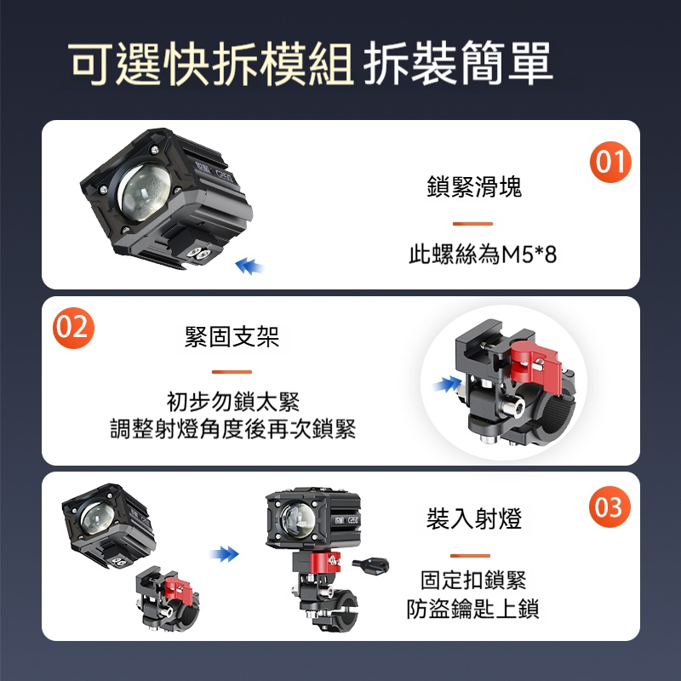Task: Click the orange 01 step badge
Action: pos(610,162)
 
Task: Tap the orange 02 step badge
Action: pos(73,328)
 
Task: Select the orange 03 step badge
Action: pos(609,506)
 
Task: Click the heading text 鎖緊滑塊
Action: pos(474,186)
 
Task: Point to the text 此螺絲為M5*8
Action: pos(483,255)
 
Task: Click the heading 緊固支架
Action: pos(232,336)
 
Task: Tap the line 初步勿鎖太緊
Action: pos(233,401)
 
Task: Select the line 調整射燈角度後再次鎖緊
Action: pos(232,429)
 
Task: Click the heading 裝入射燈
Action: pos(474,518)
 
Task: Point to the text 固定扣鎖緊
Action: pos(473,581)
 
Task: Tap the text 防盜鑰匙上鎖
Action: pos(473,609)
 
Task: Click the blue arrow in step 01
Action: pos(249,266)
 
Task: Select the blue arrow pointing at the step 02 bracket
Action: pos(448,384)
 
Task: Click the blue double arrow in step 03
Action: pos(224,554)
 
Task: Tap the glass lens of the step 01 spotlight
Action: pos(145,192)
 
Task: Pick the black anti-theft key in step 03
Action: pos(370,566)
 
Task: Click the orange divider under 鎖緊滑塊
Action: pos(472,224)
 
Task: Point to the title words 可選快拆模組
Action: pos(210,64)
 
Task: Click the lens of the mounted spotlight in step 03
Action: pos(298,520)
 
